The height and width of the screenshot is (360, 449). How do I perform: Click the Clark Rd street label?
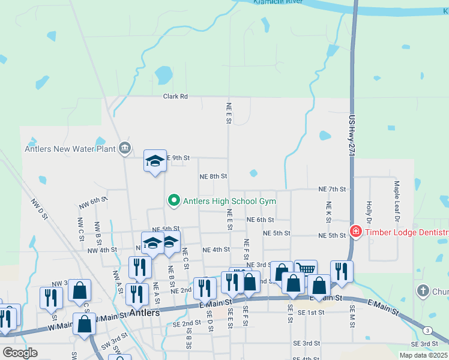tap(175, 96)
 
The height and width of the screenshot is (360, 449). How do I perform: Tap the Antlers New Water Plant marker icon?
tap(125, 148)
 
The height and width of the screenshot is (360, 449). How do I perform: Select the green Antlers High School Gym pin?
tap(174, 200)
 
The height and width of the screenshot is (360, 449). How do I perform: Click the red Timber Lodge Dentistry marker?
tap(355, 232)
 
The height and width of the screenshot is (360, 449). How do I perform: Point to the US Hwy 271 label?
tap(352, 137)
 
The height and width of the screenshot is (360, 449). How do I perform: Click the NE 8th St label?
tap(213, 176)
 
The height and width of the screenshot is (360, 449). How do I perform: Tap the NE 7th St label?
tap(332, 189)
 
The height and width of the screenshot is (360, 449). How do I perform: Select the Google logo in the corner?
tap(19, 353)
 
